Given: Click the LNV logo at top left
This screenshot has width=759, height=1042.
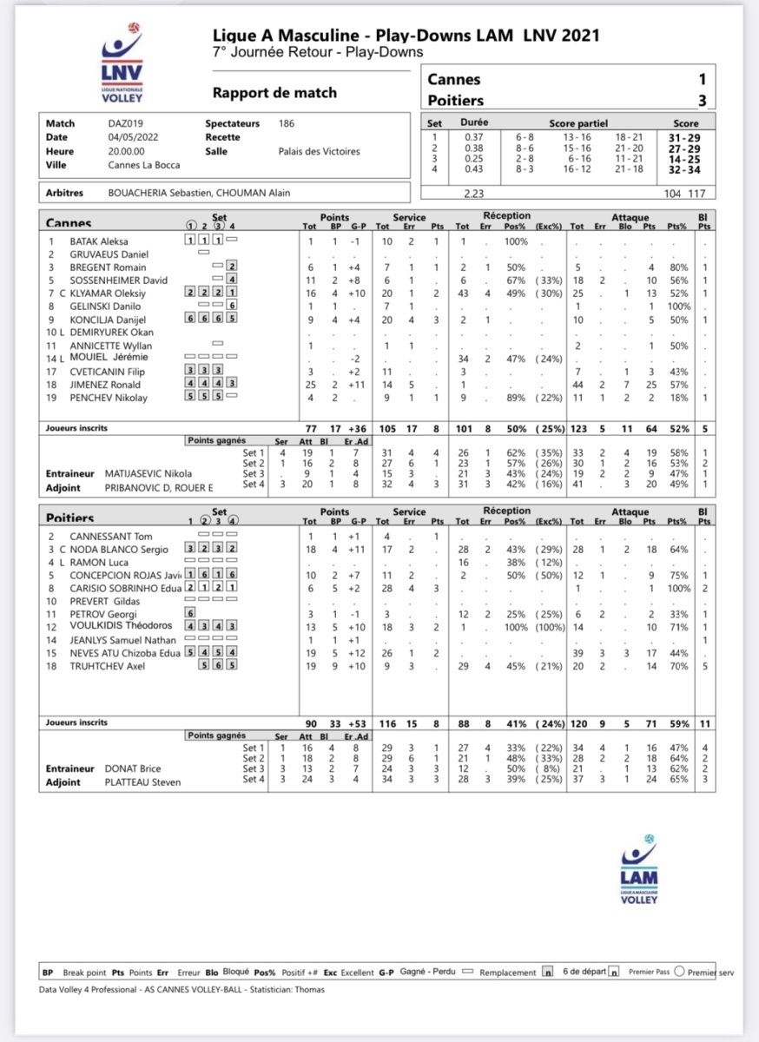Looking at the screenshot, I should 122,70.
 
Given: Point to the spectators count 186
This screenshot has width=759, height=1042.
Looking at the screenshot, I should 286,124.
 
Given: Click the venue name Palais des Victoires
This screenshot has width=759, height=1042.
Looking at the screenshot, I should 319,151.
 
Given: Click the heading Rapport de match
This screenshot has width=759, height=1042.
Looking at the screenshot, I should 274,93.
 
